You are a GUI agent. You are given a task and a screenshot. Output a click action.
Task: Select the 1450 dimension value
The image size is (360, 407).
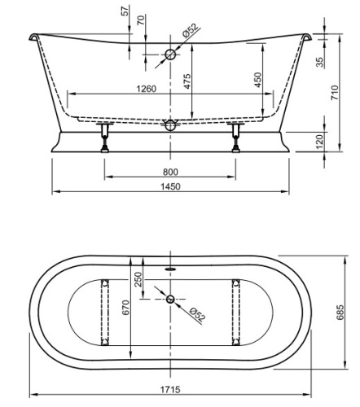coord(171,186)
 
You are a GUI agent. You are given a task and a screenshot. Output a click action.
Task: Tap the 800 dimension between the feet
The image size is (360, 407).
coord(171,172)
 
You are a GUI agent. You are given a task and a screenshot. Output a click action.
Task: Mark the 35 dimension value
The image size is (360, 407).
coord(320,62)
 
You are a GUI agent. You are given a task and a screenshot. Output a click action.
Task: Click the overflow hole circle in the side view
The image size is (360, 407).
coord(170,55)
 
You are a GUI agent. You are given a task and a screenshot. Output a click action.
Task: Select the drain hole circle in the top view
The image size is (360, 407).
coord(170,300)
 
